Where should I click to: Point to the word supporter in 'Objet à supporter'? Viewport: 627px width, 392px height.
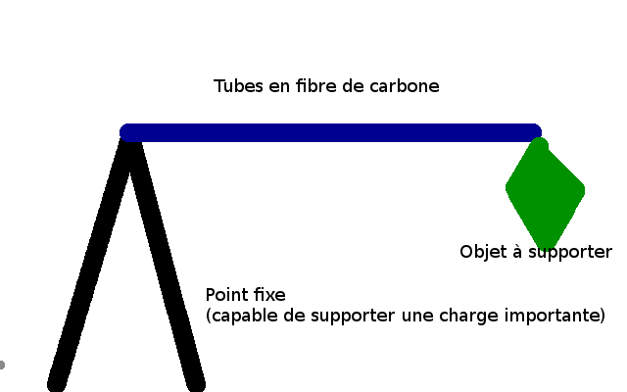(x=570, y=253)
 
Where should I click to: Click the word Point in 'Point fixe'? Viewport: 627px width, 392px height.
(x=226, y=294)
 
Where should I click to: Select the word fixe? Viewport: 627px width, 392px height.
(x=268, y=294)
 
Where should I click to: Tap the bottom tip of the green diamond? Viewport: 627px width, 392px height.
(x=547, y=245)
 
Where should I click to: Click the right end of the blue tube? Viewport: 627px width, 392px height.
(x=534, y=132)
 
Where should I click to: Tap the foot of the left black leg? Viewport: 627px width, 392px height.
(x=58, y=383)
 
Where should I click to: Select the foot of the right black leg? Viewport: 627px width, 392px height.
(x=196, y=383)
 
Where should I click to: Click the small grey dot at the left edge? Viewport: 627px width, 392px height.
(x=2, y=365)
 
